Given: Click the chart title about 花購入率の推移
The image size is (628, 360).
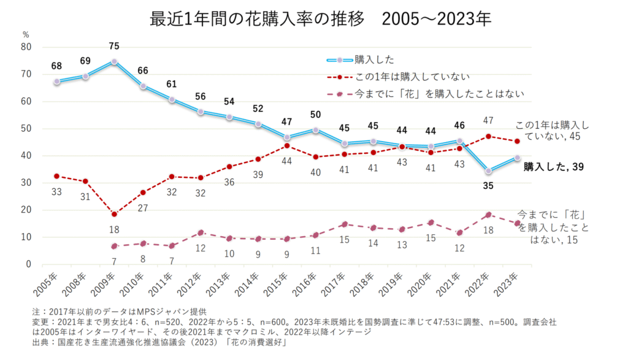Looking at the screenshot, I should [x=320, y=18].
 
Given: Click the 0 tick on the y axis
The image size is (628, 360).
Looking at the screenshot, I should [x=28, y=264].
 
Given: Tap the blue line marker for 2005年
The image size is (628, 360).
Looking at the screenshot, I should [x=56, y=82].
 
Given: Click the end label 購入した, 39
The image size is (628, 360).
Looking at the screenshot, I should [x=553, y=167].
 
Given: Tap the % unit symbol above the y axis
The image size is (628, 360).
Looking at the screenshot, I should [x=26, y=34].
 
